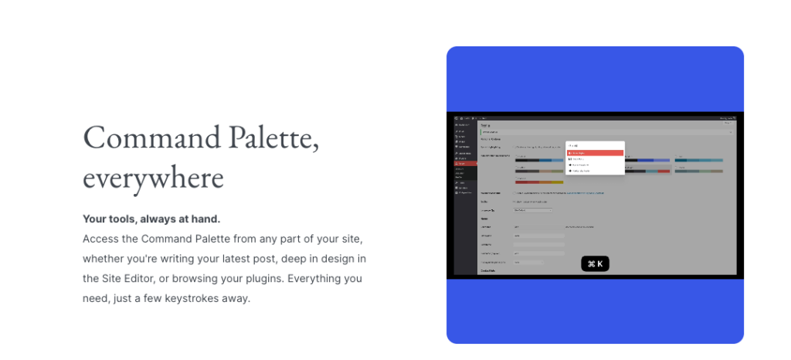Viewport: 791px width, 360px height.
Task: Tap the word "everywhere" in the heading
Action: pyautogui.click(x=153, y=178)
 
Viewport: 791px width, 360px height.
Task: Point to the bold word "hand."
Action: pyautogui.click(x=205, y=219)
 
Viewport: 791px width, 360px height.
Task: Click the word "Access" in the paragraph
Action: pyautogui.click(x=100, y=239)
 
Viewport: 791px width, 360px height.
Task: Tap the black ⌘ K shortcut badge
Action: pyautogui.click(x=595, y=264)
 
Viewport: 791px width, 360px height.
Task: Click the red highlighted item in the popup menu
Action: pyautogui.click(x=594, y=153)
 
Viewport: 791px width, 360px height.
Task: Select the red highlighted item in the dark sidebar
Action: pyautogui.click(x=466, y=164)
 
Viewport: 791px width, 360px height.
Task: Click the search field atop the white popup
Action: pyautogui.click(x=594, y=145)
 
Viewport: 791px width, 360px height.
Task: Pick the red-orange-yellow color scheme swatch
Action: pyautogui.click(x=539, y=182)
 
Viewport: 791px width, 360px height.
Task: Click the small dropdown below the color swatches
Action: pyautogui.click(x=533, y=209)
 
